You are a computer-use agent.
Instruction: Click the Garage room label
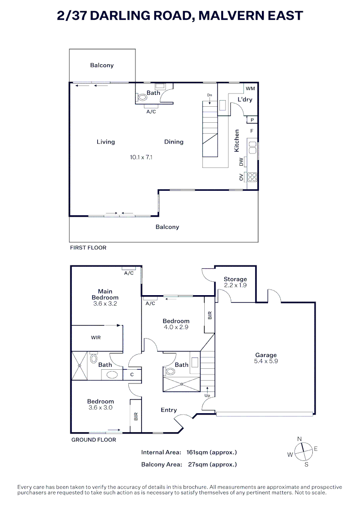click(266, 355)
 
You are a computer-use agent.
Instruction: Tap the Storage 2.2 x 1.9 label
click(235, 282)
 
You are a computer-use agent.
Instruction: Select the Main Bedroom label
click(105, 295)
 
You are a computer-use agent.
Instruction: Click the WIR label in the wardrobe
click(96, 338)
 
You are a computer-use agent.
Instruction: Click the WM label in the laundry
click(250, 88)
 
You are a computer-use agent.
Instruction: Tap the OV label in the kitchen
click(241, 178)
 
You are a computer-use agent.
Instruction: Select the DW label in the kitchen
click(241, 162)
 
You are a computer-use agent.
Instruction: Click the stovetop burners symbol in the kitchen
click(252, 178)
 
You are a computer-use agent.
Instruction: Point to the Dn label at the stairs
click(209, 95)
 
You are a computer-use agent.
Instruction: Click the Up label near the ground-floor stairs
click(207, 395)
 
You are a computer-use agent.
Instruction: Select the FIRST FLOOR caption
click(88, 247)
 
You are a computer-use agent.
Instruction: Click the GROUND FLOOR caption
click(93, 440)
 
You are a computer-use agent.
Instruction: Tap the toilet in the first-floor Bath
click(142, 98)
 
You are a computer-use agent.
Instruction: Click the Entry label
click(168, 410)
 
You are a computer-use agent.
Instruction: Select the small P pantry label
click(252, 120)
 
